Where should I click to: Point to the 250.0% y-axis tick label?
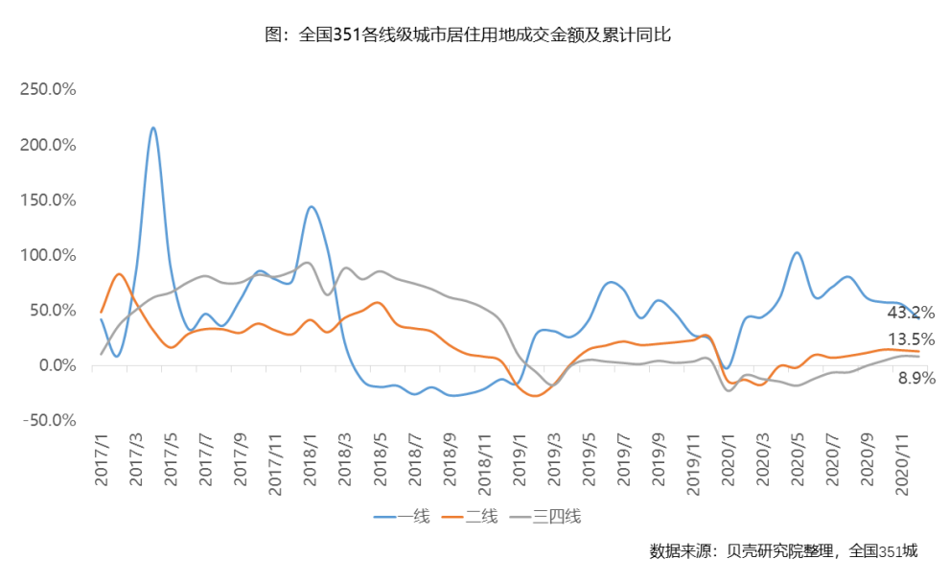48,89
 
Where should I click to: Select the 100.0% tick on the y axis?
48,255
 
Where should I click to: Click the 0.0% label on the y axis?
56,365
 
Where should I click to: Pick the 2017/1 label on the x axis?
102,464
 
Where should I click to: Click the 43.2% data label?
911,313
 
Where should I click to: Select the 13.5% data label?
911,339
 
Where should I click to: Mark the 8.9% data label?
916,379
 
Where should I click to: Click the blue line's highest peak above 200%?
153,128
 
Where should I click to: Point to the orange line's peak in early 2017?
119,274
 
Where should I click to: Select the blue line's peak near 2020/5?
797,253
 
